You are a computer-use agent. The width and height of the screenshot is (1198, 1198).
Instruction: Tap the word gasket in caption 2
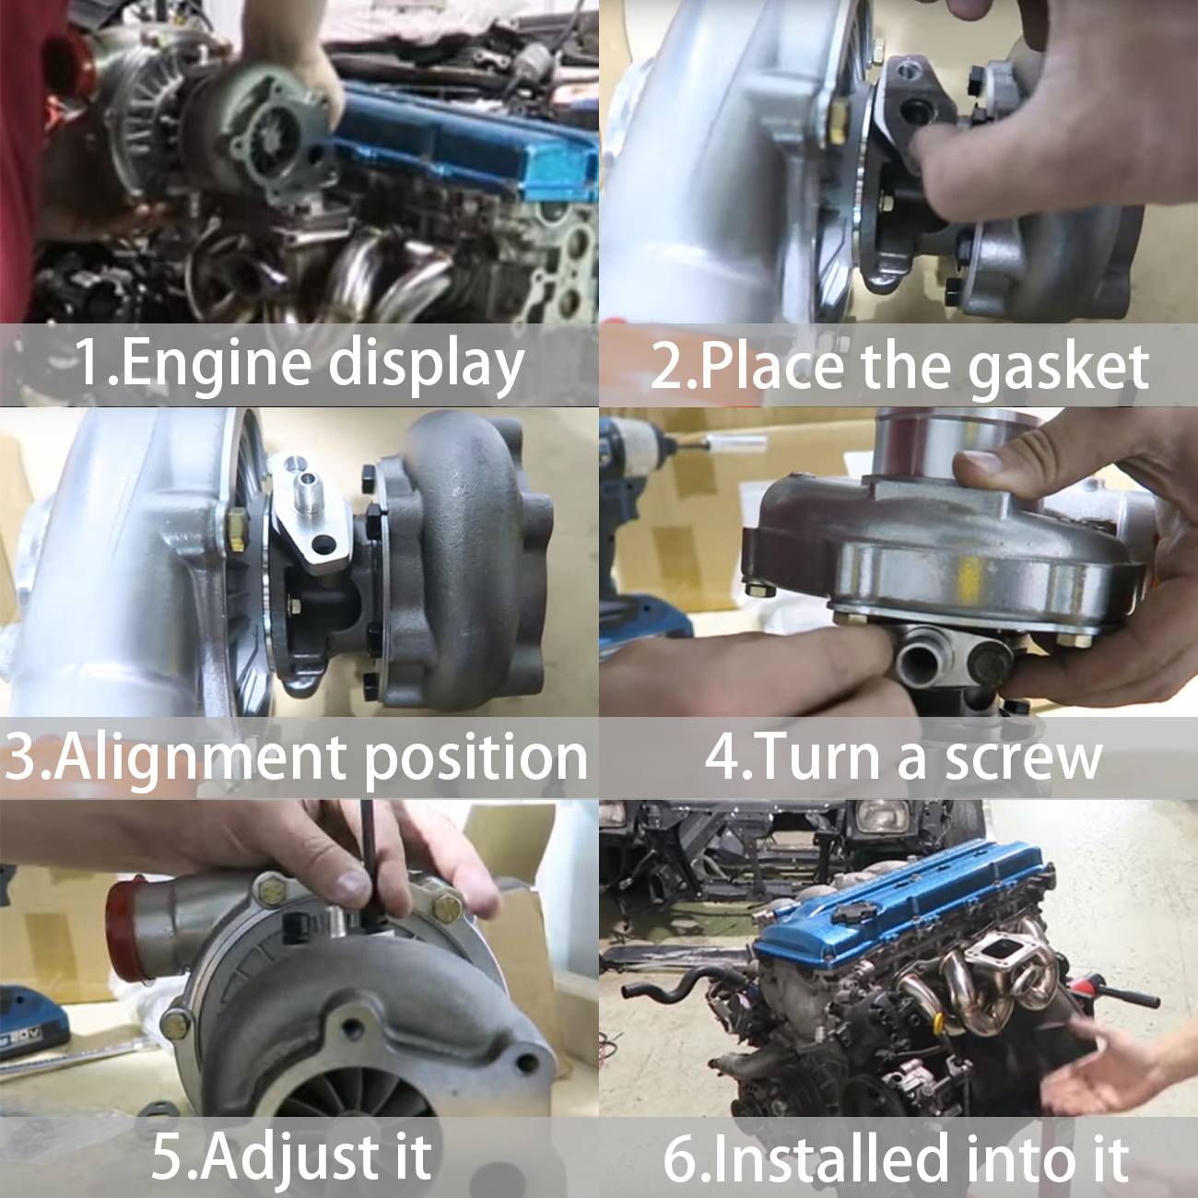pos(1058,366)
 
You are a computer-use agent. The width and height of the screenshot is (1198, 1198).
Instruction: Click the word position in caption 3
pos(475,758)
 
